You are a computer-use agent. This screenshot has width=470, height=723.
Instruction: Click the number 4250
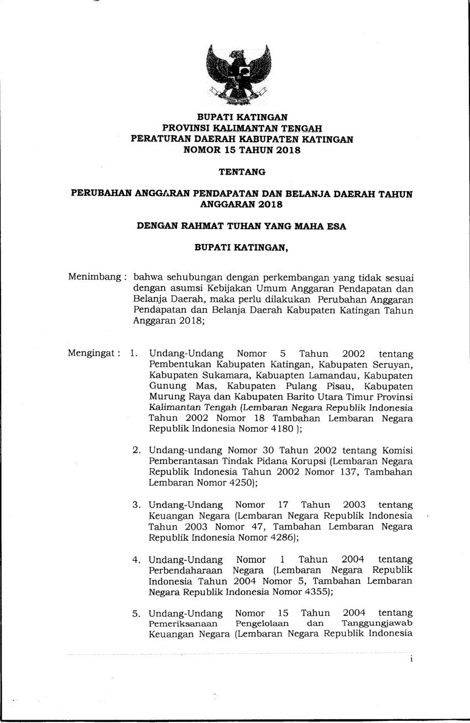click(x=239, y=482)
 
